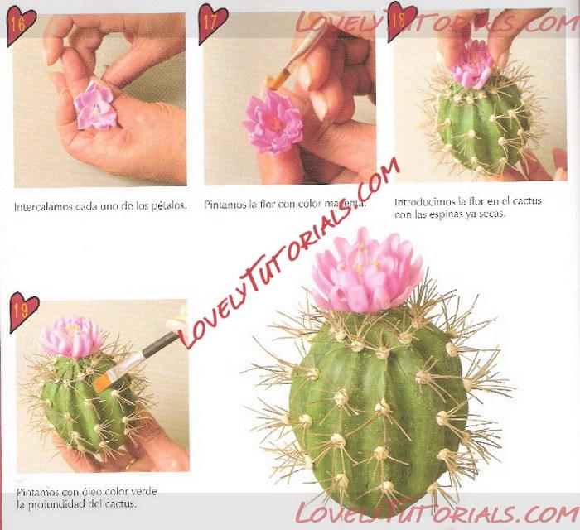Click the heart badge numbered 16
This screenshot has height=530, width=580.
pos(21,26)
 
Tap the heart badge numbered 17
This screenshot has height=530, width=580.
pos(211,23)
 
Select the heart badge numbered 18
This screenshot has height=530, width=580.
pos(400,21)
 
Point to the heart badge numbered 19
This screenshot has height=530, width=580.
pos(23,311)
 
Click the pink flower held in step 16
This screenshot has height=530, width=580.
pos(94,106)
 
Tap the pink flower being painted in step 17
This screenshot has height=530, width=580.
pos(273,122)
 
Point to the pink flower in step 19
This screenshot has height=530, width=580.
pos(72,336)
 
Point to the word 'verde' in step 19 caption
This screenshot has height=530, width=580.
pos(144,492)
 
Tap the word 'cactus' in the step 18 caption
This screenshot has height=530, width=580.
pos(527,200)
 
